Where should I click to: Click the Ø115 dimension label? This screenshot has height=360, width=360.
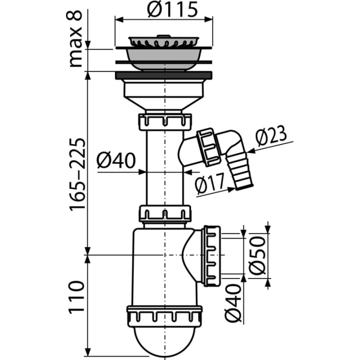pos(172,9)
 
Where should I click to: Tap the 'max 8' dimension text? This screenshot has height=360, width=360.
pos(75,38)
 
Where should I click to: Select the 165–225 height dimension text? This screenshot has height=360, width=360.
pos(77,174)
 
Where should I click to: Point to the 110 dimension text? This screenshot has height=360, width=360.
pos(76,296)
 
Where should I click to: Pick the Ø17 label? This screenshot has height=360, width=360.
pos(209,183)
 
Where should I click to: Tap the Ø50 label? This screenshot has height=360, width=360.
pos(257,255)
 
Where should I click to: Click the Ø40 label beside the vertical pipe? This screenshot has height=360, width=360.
pos(116,160)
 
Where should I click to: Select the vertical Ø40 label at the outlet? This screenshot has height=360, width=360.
pos(233,302)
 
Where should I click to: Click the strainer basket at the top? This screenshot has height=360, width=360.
pos(163,41)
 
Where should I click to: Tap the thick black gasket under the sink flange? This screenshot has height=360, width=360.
pos(163,75)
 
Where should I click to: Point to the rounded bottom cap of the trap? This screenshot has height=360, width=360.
pos(164,340)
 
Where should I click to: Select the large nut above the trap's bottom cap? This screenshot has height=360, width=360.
pos(164,315)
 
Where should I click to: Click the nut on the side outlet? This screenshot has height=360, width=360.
pos(211,256)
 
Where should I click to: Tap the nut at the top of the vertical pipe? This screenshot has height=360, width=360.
pos(165,121)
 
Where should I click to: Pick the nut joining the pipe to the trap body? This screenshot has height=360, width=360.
pos(165,213)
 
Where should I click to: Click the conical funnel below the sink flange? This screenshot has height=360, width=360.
pos(163,103)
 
